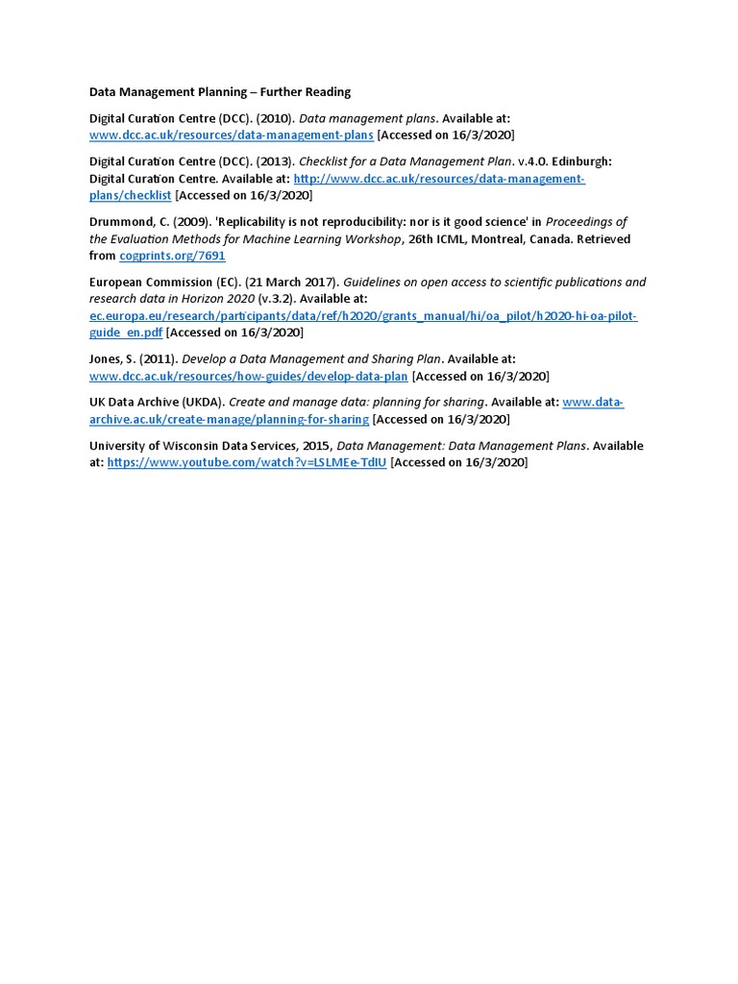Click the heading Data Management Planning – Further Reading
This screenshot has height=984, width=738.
220,92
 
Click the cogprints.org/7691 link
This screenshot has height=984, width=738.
172,257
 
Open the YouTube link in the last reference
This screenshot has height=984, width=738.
247,463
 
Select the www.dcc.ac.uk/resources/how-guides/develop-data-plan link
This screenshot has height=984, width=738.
249,377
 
